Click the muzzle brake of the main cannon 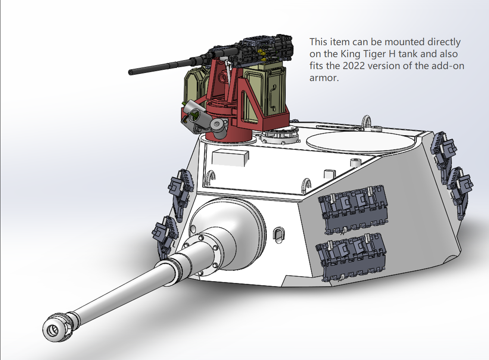coord(57,327)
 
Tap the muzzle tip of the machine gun coord(130,72)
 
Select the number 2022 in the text coord(353,66)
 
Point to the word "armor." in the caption coord(324,78)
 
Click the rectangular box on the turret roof coord(230,158)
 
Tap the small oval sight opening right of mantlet coord(279,235)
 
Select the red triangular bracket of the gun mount coord(253,103)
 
